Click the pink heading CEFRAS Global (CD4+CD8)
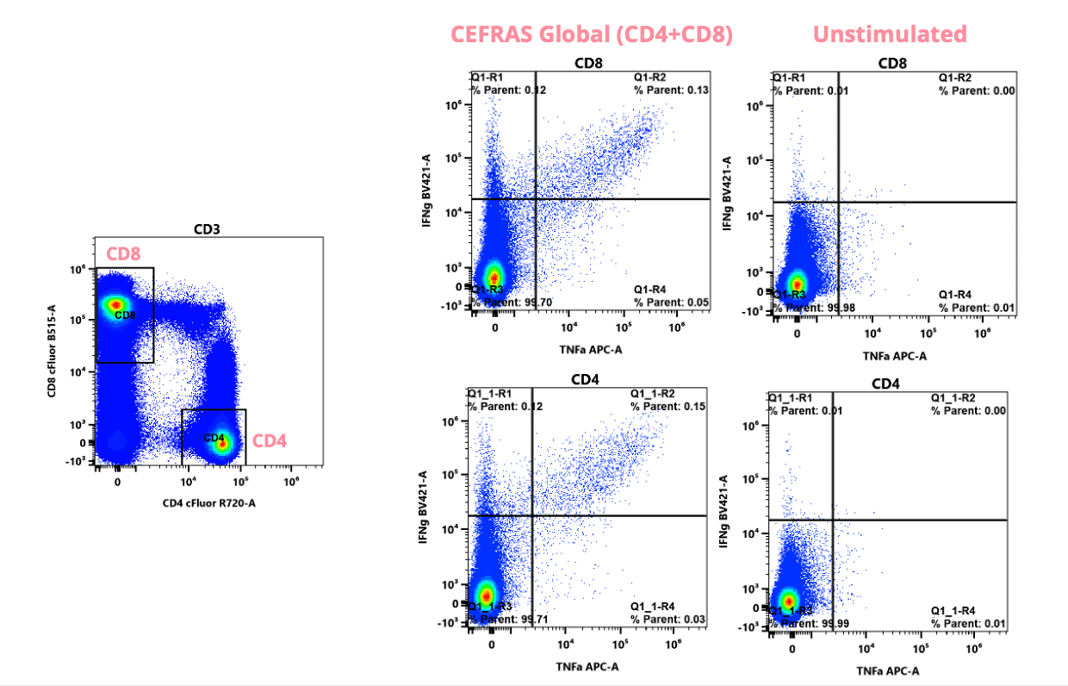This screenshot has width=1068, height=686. pyautogui.click(x=592, y=34)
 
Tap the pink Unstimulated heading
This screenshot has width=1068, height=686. pyautogui.click(x=890, y=34)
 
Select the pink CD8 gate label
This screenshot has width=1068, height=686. pyautogui.click(x=124, y=254)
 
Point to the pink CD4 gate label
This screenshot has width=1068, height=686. pyautogui.click(x=270, y=441)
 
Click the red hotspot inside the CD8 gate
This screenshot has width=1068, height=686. pyautogui.click(x=115, y=304)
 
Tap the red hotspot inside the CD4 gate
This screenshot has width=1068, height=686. pyautogui.click(x=222, y=444)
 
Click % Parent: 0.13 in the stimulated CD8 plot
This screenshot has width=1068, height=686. pyautogui.click(x=671, y=90)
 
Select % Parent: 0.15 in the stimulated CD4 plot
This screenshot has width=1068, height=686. pyautogui.click(x=667, y=406)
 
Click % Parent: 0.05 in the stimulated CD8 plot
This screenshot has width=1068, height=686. pyautogui.click(x=671, y=302)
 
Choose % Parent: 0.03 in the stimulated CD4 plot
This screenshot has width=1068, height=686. pyautogui.click(x=667, y=620)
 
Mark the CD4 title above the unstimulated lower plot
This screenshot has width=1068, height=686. pyautogui.click(x=888, y=383)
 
